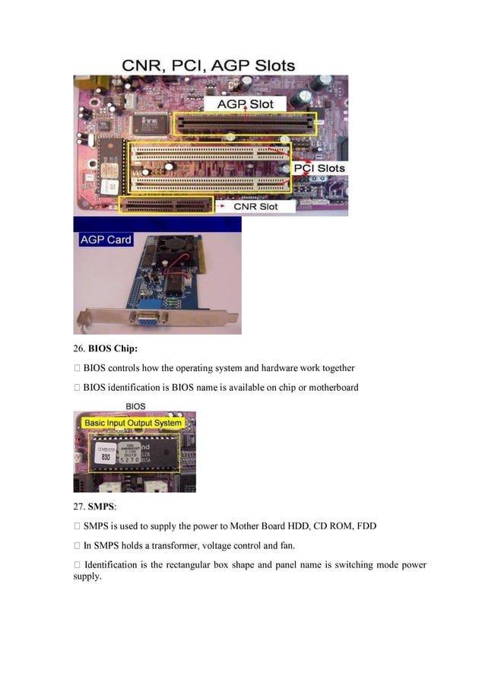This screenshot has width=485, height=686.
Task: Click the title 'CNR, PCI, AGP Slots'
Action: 208,65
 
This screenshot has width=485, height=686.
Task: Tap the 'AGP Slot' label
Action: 246,103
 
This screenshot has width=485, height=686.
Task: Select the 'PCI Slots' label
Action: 319,168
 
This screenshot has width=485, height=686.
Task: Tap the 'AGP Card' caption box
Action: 106,240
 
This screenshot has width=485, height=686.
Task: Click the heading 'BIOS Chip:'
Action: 113,349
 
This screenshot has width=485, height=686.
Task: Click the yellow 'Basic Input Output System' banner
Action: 133,423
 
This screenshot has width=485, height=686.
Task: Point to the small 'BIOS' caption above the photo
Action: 134,406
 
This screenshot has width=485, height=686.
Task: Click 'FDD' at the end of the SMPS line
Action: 366,526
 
